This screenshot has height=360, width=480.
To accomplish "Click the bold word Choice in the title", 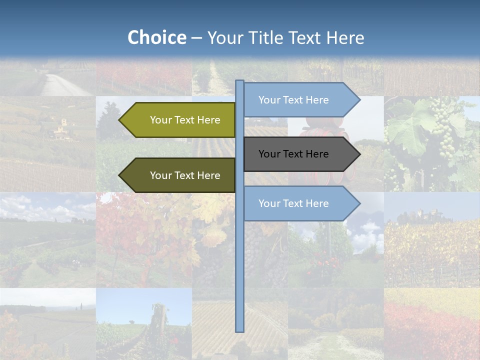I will (156, 38).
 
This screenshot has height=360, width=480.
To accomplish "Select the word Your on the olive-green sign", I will (160, 120).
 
